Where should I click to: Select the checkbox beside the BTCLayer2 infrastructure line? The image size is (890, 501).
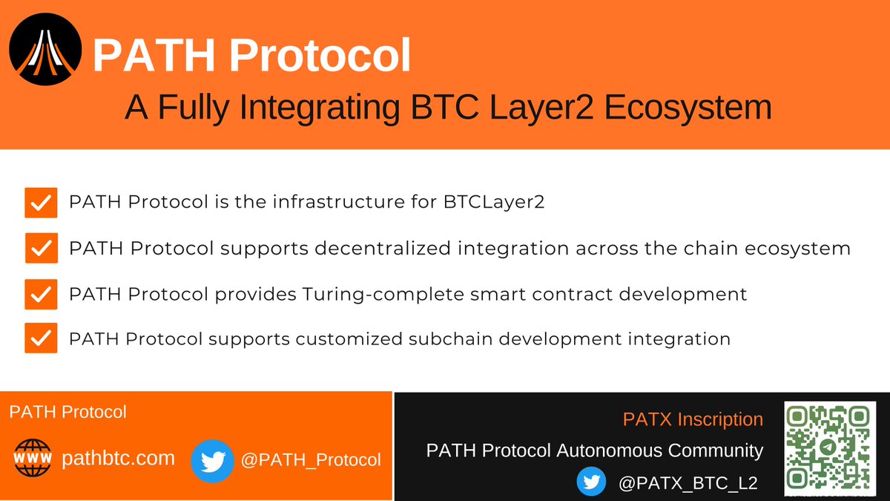[x=42, y=203]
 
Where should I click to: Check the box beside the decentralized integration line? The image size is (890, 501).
[x=42, y=248]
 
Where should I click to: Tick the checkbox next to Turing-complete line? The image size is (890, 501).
[x=42, y=294]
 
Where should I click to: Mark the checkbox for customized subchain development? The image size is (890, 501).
[x=42, y=338]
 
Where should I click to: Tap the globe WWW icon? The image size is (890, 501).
[x=33, y=458]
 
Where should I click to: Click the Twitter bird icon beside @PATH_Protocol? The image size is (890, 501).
[x=213, y=461]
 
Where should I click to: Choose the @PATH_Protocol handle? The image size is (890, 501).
[x=311, y=460]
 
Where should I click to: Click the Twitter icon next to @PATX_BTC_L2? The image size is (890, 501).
[x=592, y=482]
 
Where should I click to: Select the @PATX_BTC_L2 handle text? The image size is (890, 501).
[x=688, y=482]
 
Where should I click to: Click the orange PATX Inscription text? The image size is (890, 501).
[x=693, y=419]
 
